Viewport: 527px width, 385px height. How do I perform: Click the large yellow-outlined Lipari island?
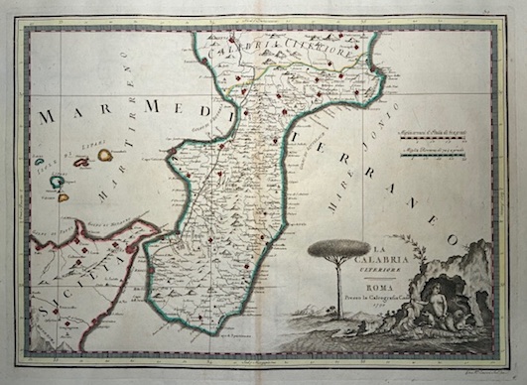pyautogui.click(x=104, y=155)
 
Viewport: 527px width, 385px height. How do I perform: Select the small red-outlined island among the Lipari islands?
pyautogui.click(x=81, y=162)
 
